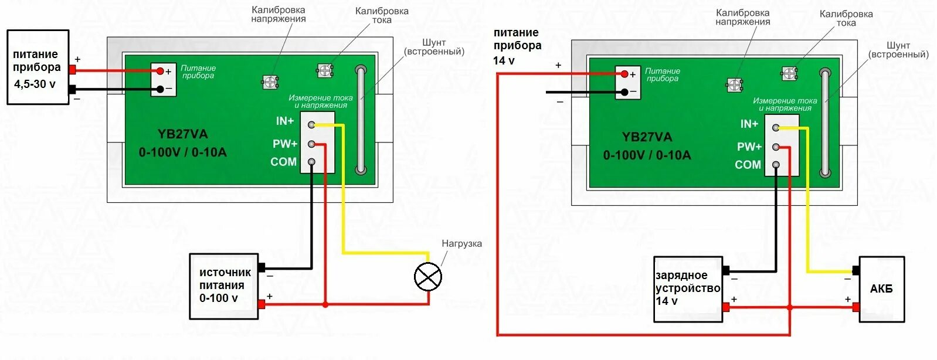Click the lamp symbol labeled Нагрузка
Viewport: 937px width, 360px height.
click(x=427, y=277)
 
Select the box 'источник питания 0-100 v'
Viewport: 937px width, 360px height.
click(x=224, y=286)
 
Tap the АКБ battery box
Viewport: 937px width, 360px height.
click(x=881, y=289)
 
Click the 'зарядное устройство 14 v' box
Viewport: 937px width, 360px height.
click(x=688, y=288)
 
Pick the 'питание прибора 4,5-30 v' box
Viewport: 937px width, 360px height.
click(x=38, y=67)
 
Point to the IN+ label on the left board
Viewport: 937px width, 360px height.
click(x=285, y=121)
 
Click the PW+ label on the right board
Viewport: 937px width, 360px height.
click(x=749, y=147)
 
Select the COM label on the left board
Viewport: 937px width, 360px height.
click(x=283, y=162)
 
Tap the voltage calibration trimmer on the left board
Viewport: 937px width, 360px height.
click(x=269, y=82)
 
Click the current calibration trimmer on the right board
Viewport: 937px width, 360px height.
click(x=789, y=74)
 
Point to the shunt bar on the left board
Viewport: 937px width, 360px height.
click(x=361, y=120)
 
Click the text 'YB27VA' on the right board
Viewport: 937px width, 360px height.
click(x=647, y=137)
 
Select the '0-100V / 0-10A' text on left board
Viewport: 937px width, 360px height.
click(x=182, y=152)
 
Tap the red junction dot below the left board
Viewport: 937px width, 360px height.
click(x=325, y=304)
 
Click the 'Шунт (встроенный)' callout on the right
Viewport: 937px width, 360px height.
click(x=898, y=50)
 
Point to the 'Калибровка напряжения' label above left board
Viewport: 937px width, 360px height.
click(x=279, y=14)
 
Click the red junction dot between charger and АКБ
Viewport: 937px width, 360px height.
click(x=789, y=307)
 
